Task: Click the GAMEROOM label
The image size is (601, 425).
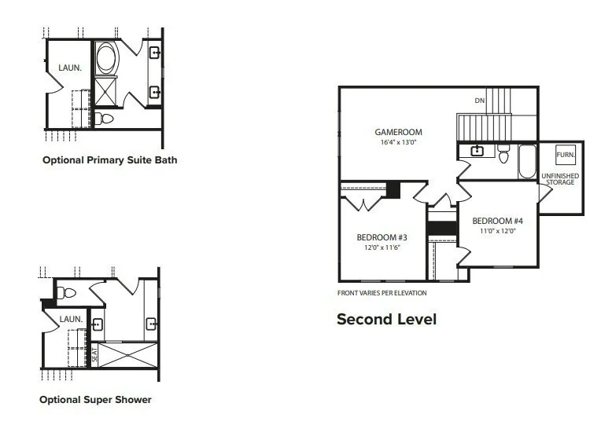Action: pos(398,132)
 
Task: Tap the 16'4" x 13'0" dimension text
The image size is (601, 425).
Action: pos(398,142)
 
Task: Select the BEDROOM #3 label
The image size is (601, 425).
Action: pos(382,237)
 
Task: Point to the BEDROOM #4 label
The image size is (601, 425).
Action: pos(497,221)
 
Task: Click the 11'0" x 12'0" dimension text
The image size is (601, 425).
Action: pos(498,231)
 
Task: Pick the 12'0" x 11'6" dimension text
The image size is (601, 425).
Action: pos(382,247)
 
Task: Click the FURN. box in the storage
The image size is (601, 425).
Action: pos(566,155)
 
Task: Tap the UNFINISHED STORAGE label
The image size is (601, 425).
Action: pos(560,179)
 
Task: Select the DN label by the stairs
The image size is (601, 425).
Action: pos(480,101)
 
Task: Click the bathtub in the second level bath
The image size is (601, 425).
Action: pos(527,161)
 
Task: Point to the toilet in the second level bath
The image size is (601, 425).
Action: pos(503,153)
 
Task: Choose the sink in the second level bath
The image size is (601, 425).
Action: pos(477,151)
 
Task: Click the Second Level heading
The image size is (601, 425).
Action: pos(386,319)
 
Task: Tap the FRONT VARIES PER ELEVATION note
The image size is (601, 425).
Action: pos(382,293)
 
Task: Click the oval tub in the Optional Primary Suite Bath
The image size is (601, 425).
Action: pos(106,58)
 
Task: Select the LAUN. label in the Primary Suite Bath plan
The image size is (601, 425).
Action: pos(70,68)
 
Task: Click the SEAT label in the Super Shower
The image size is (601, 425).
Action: pos(94,355)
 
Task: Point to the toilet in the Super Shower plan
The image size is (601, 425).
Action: pos(66,293)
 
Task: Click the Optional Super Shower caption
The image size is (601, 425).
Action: pos(95,400)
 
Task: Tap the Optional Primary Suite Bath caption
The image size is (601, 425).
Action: pos(110,160)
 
